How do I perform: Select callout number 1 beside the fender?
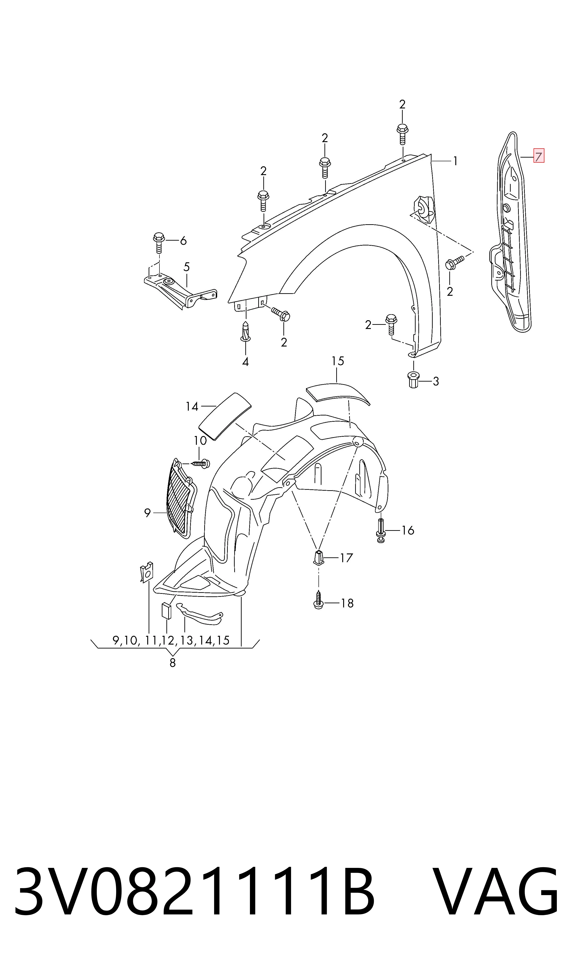pos(455,161)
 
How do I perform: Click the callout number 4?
pos(245,362)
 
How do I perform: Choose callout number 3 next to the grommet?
pos(435,381)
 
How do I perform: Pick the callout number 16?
pos(408,530)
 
